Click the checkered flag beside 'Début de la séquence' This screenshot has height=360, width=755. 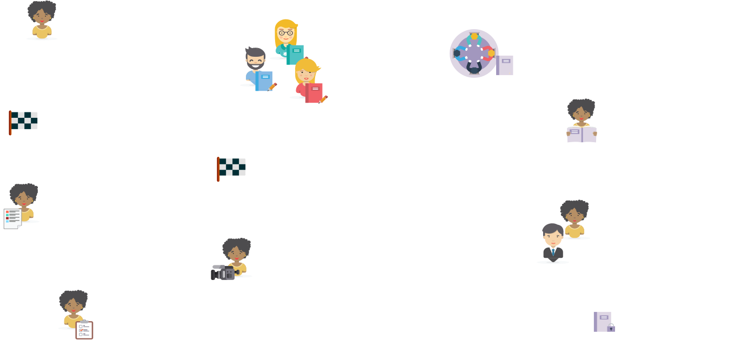[x=24, y=121]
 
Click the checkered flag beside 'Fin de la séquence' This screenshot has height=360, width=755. [x=232, y=167]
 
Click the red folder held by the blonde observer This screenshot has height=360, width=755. [x=314, y=93]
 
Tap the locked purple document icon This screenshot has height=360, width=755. [x=604, y=322]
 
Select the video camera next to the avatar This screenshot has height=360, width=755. [x=223, y=273]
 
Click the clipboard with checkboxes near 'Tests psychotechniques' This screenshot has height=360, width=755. [x=84, y=329]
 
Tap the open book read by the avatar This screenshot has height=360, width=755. [x=582, y=134]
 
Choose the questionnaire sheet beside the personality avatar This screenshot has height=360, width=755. [x=13, y=218]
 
